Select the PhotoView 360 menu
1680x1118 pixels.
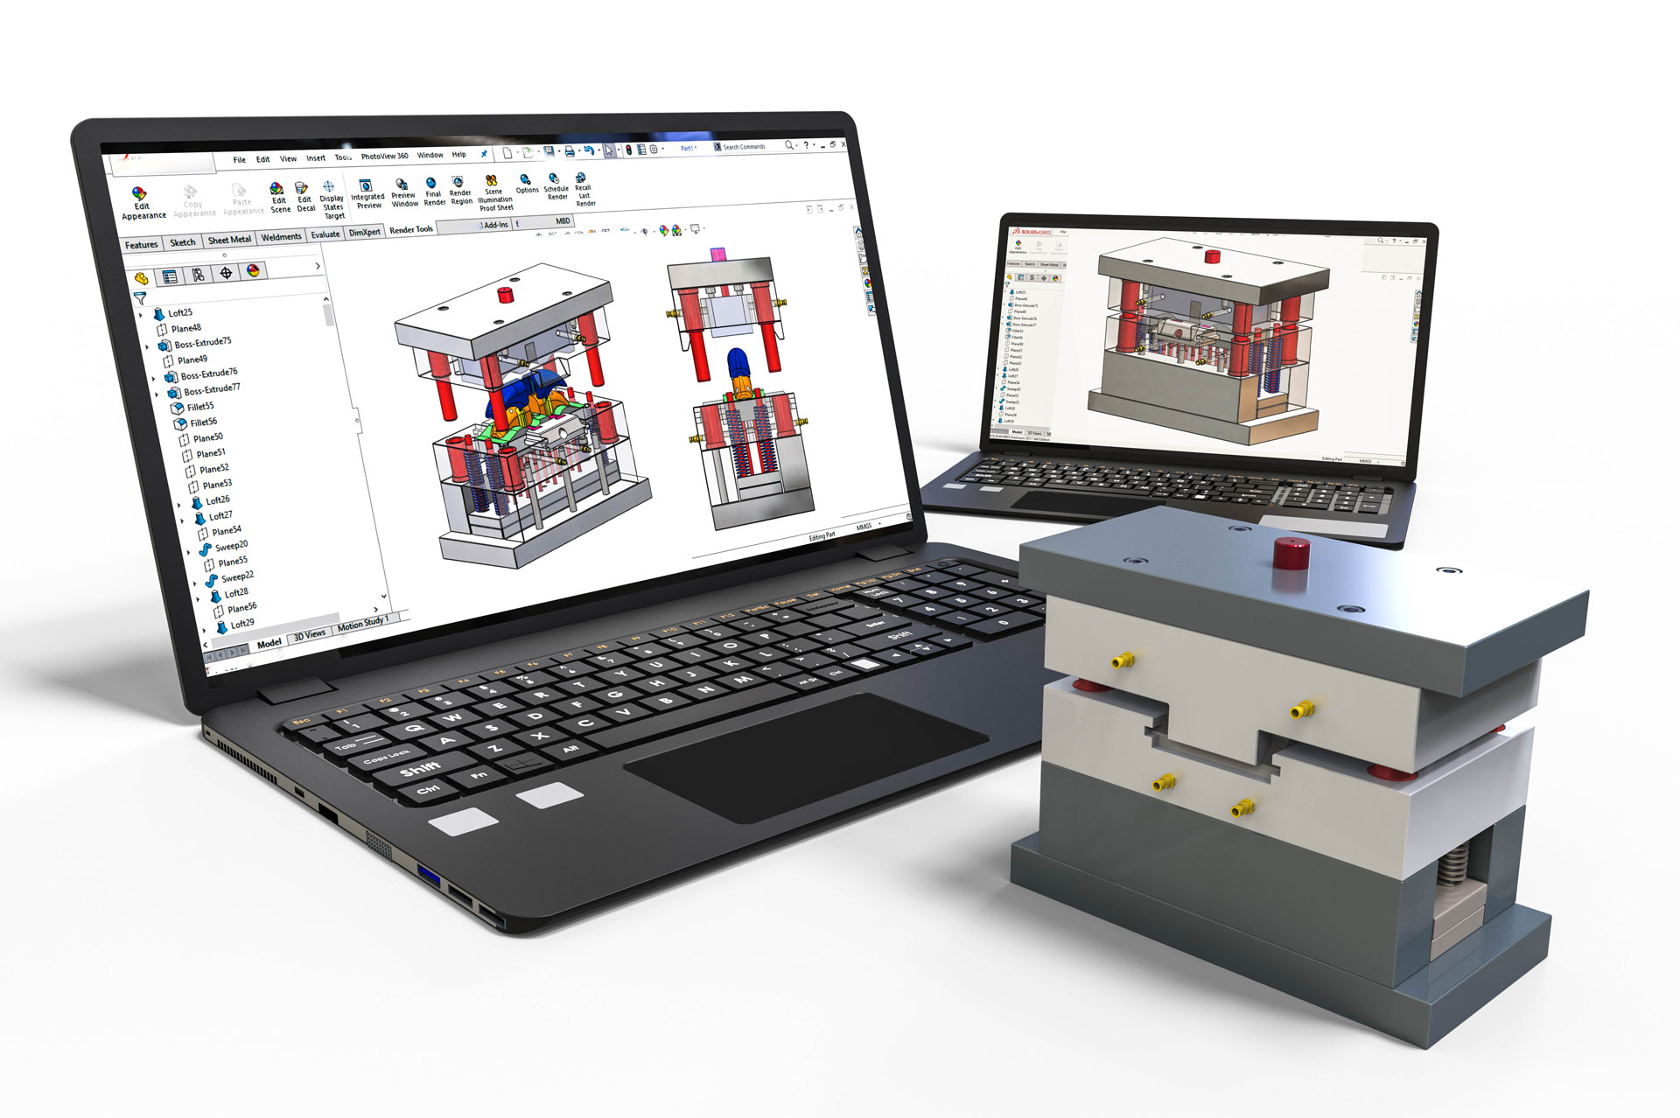click(384, 157)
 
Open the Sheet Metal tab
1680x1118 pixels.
click(229, 240)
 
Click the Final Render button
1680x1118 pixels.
click(433, 192)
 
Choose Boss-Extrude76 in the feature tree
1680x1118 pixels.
click(208, 374)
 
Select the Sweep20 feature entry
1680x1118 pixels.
click(230, 546)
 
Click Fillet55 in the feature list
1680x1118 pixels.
click(199, 407)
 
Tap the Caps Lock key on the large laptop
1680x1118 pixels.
click(386, 757)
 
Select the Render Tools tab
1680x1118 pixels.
click(411, 230)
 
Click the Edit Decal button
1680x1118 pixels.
click(304, 198)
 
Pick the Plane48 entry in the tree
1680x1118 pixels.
click(185, 329)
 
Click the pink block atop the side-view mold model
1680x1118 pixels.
click(717, 255)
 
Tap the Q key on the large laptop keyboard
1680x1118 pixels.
click(414, 727)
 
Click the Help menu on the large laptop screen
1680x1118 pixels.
click(458, 155)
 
